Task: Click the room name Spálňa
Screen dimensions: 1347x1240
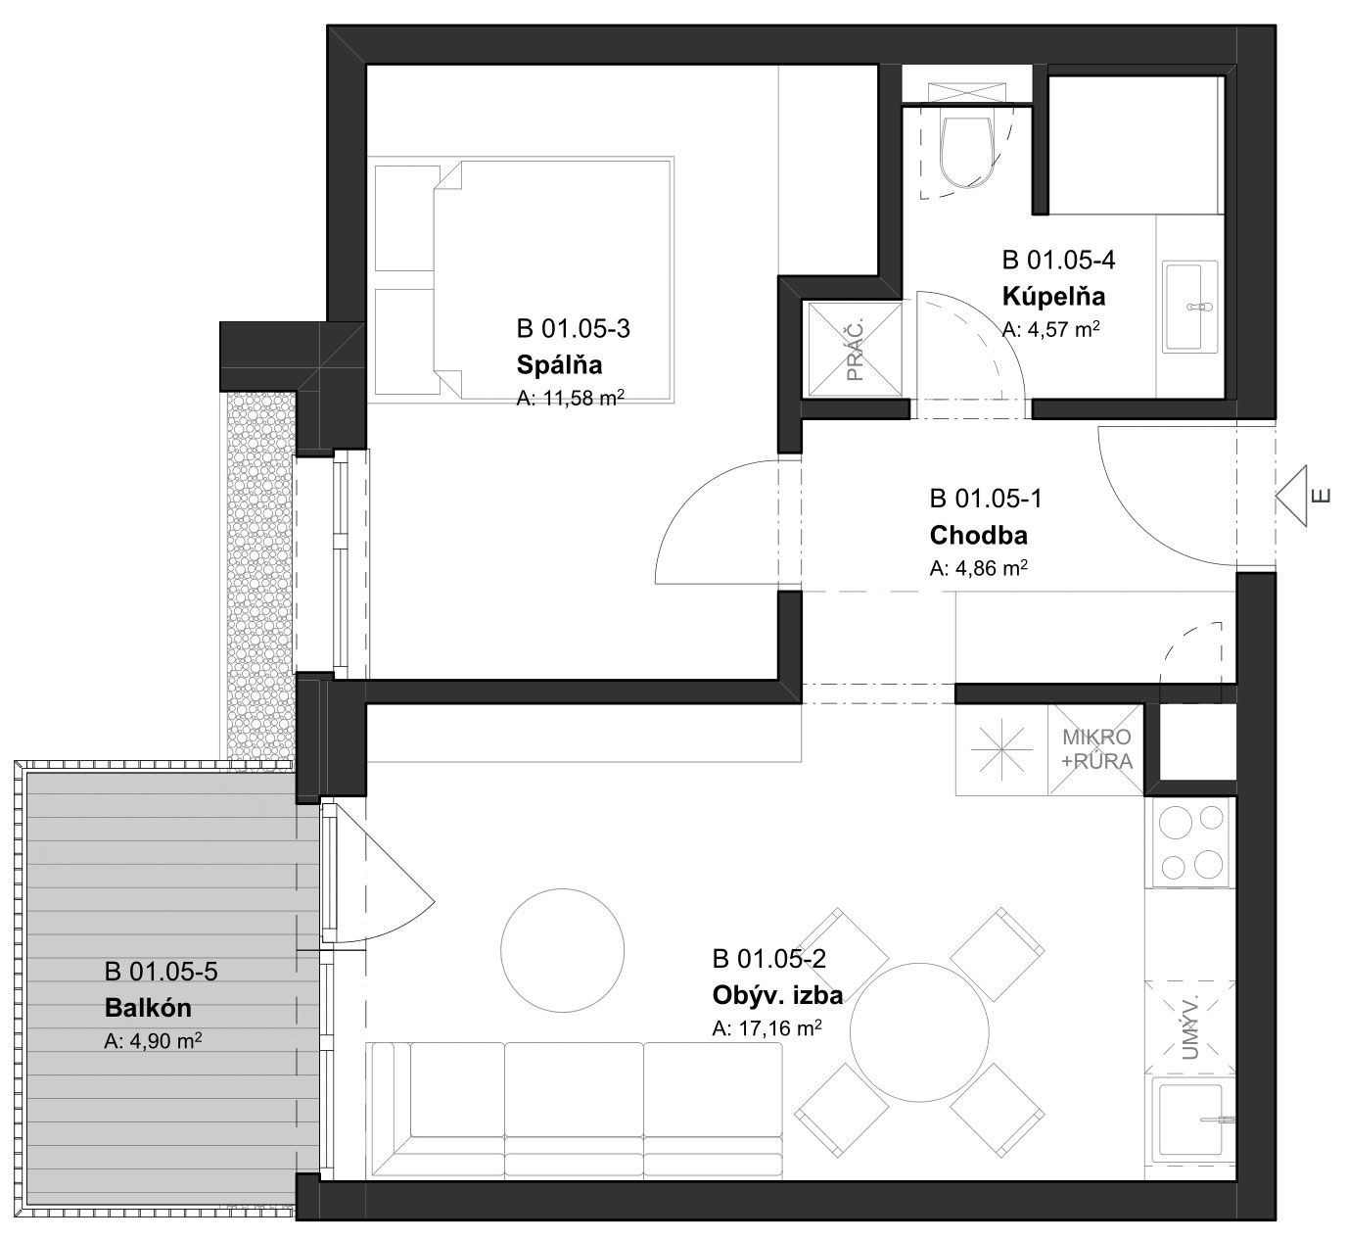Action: click(559, 365)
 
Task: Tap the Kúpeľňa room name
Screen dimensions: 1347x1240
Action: click(1053, 296)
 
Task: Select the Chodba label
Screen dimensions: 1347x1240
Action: click(978, 535)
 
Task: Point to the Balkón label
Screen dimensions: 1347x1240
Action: click(148, 1008)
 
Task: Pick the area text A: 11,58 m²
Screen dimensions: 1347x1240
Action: click(570, 398)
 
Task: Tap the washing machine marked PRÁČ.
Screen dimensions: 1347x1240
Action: click(855, 350)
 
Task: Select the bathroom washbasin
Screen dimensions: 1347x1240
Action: click(1189, 307)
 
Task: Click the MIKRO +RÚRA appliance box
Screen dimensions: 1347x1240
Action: click(1095, 749)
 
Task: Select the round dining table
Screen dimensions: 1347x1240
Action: click(919, 1032)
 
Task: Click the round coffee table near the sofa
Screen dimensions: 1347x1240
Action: click(562, 950)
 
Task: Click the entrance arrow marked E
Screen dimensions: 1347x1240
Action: click(1292, 496)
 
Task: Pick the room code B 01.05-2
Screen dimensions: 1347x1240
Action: click(768, 959)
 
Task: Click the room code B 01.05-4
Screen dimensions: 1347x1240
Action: click(1058, 261)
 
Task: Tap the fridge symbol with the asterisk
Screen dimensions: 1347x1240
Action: click(1001, 749)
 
